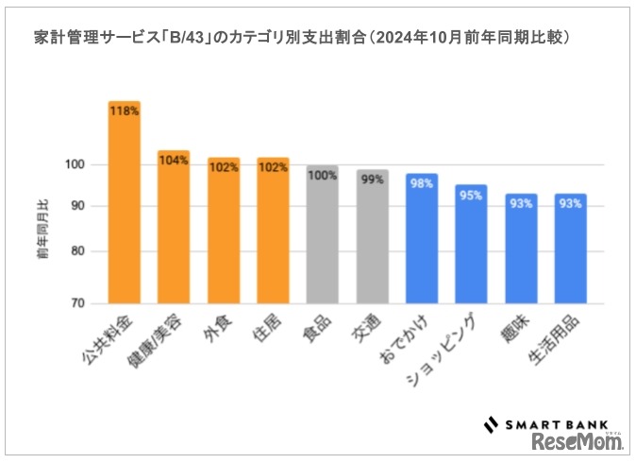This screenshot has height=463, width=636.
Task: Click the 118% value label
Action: coord(124,111)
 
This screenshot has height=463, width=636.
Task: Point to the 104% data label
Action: coord(174,161)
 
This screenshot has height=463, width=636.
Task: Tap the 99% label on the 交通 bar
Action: coord(372,180)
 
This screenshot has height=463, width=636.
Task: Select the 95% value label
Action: coord(471,196)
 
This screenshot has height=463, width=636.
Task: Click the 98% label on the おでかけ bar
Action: coord(421,183)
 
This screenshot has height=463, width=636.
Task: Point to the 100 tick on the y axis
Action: coord(75,164)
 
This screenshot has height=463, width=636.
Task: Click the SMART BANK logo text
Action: coord(556,423)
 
